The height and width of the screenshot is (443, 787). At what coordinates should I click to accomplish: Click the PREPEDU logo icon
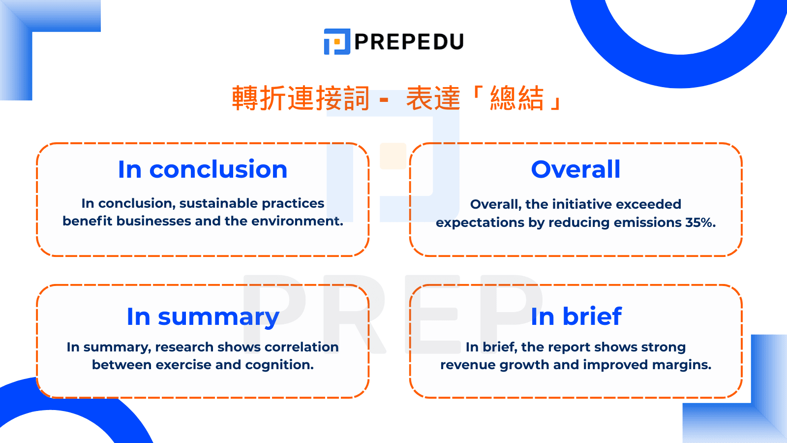pos(337,41)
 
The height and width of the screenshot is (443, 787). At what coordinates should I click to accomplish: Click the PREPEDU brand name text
pos(409,41)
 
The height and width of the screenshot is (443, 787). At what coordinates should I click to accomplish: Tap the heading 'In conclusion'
pos(203,169)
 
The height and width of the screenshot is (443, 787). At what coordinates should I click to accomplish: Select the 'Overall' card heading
pos(575,169)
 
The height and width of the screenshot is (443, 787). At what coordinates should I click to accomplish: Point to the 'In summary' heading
pos(203,317)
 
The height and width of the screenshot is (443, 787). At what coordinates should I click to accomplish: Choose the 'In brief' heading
pos(576,316)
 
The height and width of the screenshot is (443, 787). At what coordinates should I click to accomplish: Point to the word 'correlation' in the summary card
pos(302,347)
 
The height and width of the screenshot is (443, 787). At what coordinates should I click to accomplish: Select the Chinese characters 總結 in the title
pos(517,98)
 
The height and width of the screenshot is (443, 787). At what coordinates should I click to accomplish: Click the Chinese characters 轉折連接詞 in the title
pos(301,98)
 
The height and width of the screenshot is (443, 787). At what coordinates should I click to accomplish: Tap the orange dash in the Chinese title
pos(384,100)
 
